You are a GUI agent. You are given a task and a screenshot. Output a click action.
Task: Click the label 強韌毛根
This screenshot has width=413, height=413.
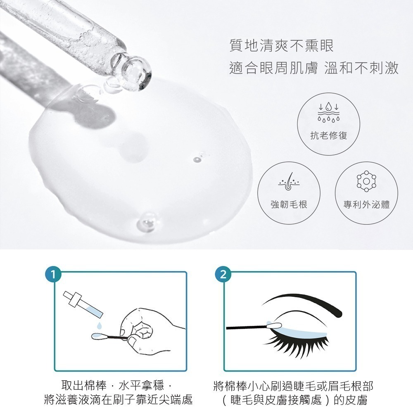tap(289, 204)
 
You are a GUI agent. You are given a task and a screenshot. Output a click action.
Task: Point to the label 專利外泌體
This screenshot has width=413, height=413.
tap(367, 204)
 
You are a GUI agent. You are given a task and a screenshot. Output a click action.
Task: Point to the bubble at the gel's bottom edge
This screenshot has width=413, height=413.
tap(145, 223)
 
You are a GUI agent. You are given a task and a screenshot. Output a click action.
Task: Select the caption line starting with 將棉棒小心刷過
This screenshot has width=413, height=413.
tap(294, 387)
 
